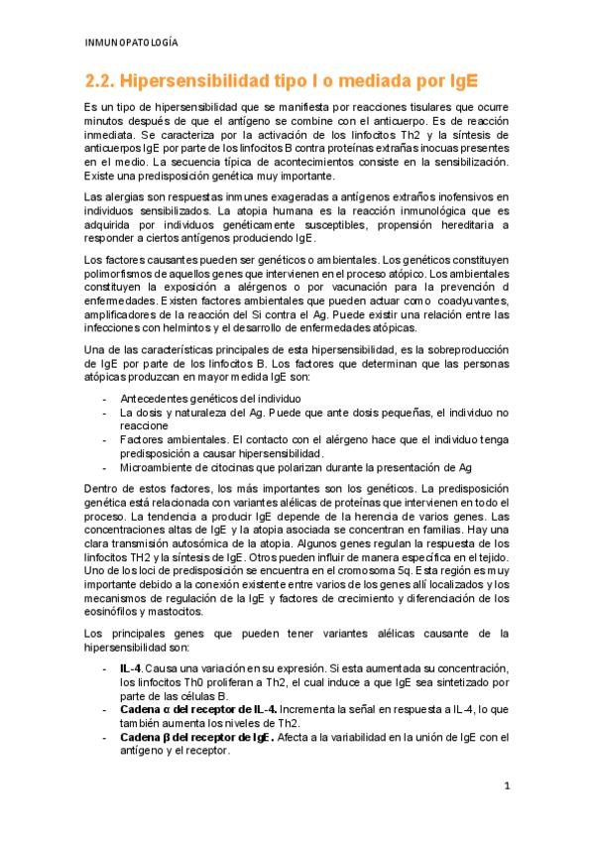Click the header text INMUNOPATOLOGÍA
coord(133,42)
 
